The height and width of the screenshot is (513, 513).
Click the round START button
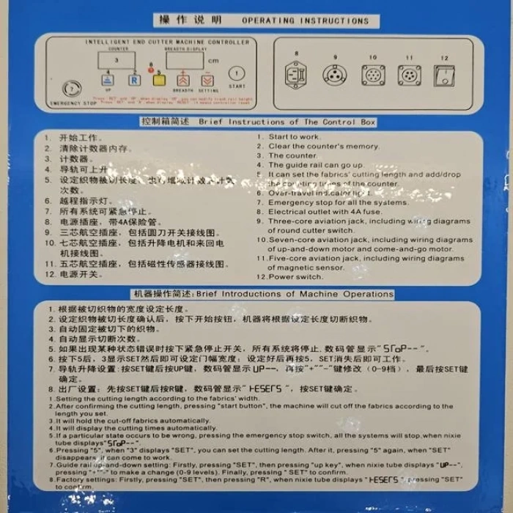236,73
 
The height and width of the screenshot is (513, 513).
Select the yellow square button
158,79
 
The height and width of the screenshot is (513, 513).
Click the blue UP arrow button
108,80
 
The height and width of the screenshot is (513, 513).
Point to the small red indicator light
151,71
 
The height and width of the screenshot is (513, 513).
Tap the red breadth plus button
182,80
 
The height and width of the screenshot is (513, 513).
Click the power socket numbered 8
295,75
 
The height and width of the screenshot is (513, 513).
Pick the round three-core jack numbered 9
334,75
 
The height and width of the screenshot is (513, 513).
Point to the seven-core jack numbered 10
372,75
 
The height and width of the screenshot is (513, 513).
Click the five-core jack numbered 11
409,75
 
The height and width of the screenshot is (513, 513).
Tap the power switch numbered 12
444,75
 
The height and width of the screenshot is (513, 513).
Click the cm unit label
213,61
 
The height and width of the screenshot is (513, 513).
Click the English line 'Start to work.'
294,136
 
